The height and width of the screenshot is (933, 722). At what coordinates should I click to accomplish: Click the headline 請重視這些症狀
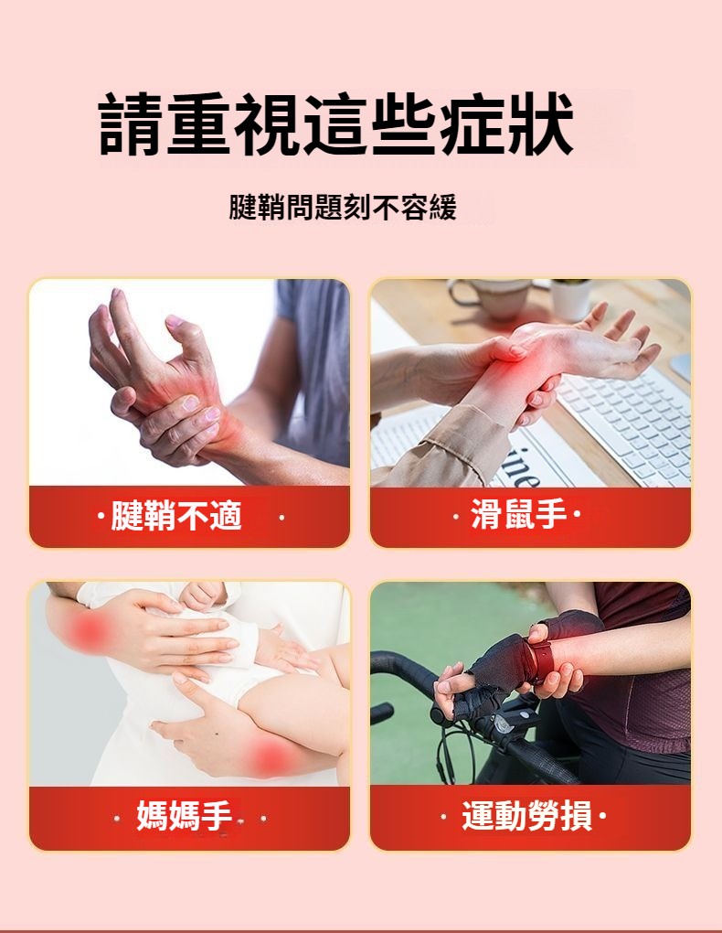point(336,123)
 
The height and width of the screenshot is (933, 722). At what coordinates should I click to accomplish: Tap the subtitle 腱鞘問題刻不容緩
point(343,207)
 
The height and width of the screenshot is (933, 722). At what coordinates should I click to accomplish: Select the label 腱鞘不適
point(176,516)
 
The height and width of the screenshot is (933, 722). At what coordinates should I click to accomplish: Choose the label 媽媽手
point(184,815)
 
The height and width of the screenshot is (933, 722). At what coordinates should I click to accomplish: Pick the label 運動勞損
point(527,815)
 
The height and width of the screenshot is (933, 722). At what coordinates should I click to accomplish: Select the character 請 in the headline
point(131,124)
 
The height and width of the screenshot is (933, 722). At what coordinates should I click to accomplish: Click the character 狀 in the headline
point(541,123)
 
